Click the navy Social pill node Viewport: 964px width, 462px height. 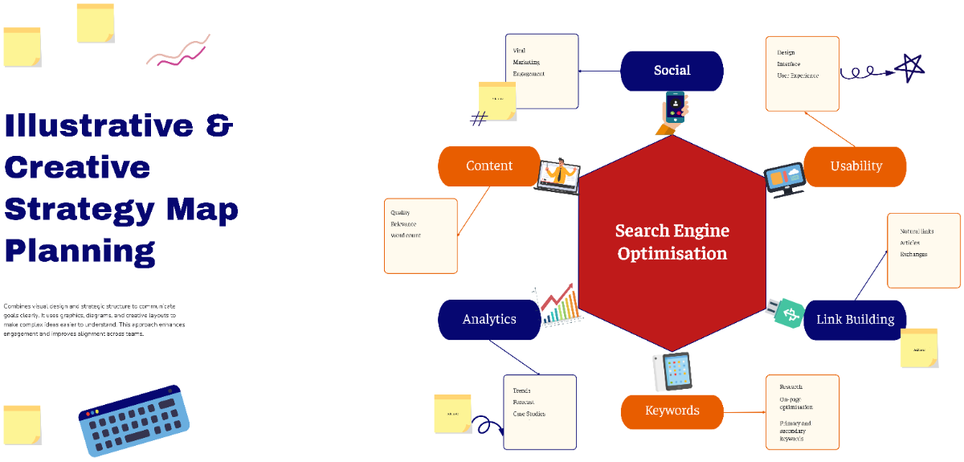(x=672, y=71)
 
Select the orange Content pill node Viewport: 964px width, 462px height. (x=488, y=166)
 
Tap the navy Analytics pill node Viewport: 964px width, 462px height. (x=488, y=319)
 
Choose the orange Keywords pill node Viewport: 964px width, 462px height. (x=672, y=411)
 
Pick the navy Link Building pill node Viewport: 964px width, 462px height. (x=855, y=319)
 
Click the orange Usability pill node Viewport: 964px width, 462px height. (x=855, y=166)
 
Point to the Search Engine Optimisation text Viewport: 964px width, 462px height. (x=672, y=242)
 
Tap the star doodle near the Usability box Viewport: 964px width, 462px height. (x=910, y=67)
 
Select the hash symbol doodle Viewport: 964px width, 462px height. (x=479, y=120)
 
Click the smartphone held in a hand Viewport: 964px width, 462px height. (x=675, y=108)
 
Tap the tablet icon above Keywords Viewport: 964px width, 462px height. (x=672, y=371)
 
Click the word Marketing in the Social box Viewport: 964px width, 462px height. (x=526, y=62)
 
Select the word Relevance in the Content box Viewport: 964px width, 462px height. (x=404, y=224)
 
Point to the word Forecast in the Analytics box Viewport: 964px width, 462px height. (x=524, y=402)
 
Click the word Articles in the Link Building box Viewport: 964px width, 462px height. (x=911, y=243)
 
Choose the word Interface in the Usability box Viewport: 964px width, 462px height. (x=788, y=63)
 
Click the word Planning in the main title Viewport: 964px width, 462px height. (x=80, y=251)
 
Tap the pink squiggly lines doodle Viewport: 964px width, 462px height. (x=178, y=51)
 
